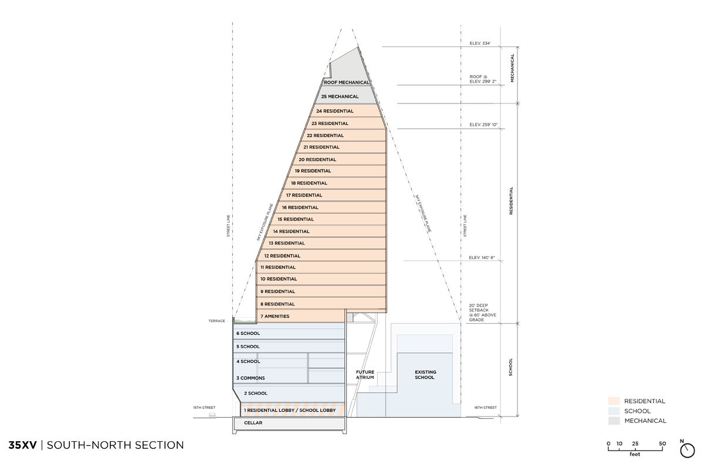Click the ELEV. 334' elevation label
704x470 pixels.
[480, 43]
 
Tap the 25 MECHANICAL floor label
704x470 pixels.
[340, 97]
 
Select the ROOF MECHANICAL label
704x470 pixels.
[347, 82]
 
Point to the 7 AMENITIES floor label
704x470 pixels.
[275, 317]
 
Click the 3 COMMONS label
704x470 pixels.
[251, 378]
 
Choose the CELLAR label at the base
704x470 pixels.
[253, 423]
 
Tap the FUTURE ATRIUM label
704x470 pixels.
[365, 375]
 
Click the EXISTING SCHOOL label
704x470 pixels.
[425, 375]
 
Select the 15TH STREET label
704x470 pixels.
[204, 408]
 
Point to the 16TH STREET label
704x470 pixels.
[485, 408]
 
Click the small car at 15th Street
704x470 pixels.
[212, 415]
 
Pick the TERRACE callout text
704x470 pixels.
[216, 321]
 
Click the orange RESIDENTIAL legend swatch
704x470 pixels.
[614, 401]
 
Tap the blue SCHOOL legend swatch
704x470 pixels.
[614, 411]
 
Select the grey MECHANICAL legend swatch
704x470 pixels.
[614, 421]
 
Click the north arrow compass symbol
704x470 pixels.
[687, 450]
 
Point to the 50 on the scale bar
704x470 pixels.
[662, 444]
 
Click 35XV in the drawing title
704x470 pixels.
[23, 445]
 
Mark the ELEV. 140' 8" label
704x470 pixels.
[482, 258]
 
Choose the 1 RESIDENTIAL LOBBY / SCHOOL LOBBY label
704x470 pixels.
[290, 410]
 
